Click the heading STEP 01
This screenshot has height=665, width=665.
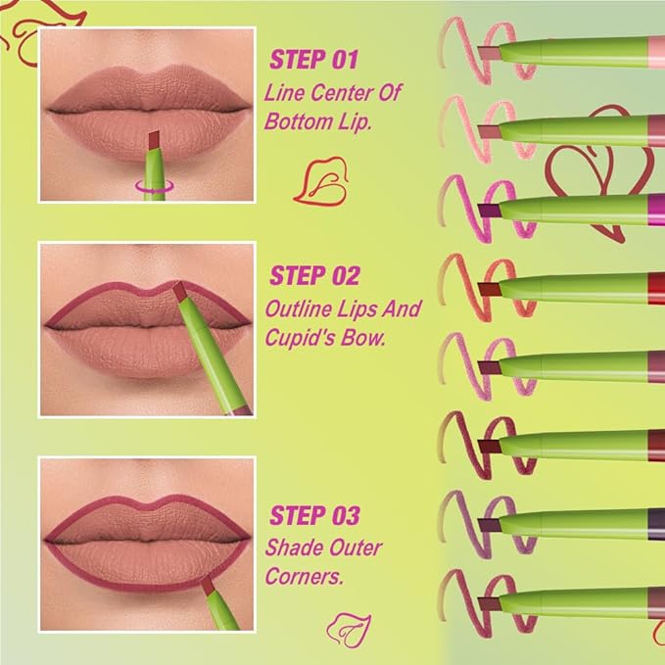pos(312,61)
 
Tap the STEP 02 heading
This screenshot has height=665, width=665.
pos(314,274)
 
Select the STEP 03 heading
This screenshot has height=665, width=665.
pos(314,514)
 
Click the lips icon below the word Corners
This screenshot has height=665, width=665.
pos(347,624)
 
